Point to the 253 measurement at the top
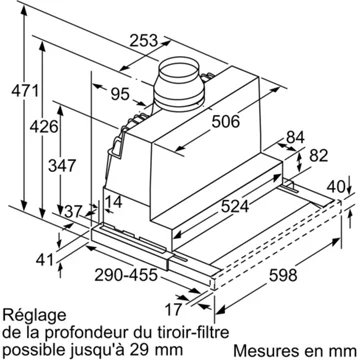pos(145,42)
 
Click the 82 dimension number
pos(317,155)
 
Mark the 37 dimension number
pos(45,211)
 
